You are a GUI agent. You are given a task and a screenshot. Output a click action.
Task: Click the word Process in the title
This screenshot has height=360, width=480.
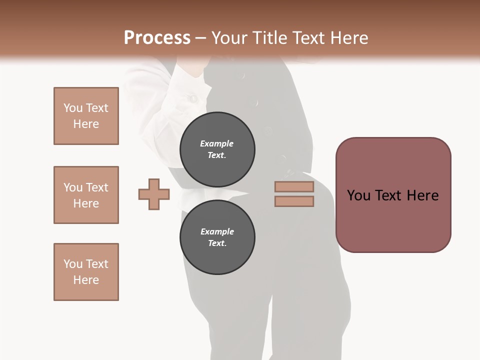[157, 38]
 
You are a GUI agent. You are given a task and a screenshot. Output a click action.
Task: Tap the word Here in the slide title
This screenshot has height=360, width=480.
[348, 38]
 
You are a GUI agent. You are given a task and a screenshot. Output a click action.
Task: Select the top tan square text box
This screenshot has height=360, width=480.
[86, 116]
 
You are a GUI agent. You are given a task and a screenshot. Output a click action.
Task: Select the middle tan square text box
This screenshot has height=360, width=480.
[86, 195]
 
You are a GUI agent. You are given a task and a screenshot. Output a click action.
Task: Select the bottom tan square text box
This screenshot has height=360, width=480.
[86, 272]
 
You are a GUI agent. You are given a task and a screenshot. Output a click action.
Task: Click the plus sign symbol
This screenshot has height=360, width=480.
[154, 194]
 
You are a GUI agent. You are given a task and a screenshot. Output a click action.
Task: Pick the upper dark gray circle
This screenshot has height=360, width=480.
[217, 149]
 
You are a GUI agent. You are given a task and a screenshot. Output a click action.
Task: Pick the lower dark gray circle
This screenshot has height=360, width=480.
[217, 237]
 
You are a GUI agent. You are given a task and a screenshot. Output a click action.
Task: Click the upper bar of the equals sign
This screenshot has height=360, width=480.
[294, 187]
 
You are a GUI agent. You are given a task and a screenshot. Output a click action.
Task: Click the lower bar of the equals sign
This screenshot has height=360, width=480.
[294, 201]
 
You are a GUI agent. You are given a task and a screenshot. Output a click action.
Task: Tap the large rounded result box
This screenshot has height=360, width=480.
[393, 220]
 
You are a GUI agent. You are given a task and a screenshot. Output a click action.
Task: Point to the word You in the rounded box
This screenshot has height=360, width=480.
[358, 195]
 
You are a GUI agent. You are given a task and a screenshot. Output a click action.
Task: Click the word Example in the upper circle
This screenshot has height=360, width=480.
[217, 143]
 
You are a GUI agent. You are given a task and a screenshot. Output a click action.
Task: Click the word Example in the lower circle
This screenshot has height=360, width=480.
[217, 231]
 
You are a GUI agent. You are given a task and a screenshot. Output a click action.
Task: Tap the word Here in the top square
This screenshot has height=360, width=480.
[86, 124]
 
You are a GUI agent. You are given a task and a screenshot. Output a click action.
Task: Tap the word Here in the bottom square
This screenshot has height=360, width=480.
[86, 280]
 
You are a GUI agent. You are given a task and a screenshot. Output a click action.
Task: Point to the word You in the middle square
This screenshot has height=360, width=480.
[72, 187]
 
